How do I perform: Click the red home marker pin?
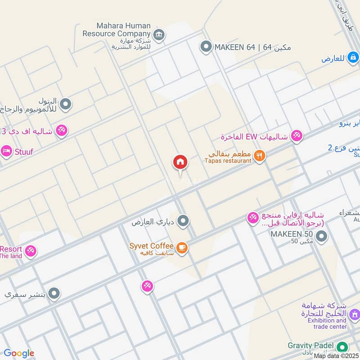tap(180, 162)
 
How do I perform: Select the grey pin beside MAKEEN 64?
tap(206, 46)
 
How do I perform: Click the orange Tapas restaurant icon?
tap(259, 156)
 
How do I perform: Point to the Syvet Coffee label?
tap(151, 246)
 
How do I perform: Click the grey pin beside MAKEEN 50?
tap(321, 236)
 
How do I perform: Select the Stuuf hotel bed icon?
tap(6, 151)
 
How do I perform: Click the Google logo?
tap(19, 354)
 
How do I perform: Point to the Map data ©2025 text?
tap(336, 355)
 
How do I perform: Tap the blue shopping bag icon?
tap(353, 57)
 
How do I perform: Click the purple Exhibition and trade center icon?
tap(354, 314)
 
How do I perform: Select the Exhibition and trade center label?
tap(324, 323)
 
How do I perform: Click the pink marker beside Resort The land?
tap(31, 251)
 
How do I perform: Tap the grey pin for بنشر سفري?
tap(54, 294)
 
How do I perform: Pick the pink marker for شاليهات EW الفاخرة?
tap(297, 135)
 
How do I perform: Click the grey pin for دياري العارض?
tap(183, 221)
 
